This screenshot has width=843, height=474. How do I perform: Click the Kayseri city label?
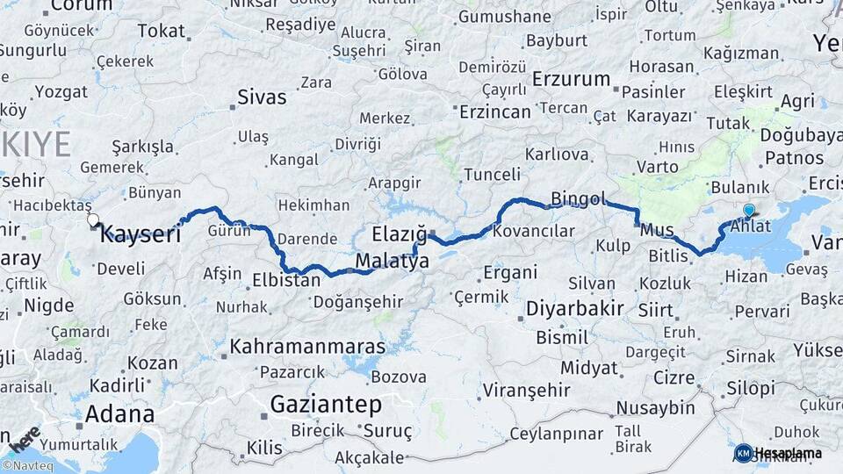140,234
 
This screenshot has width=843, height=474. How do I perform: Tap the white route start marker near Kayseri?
93,219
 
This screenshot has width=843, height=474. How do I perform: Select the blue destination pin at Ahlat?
748,211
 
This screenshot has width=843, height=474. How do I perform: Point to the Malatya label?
392,262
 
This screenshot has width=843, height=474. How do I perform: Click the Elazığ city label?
399,234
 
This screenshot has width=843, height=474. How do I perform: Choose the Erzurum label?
571,79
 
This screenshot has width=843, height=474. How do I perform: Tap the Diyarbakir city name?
575,308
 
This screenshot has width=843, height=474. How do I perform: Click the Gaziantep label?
326,405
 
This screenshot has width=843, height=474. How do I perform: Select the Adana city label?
120,413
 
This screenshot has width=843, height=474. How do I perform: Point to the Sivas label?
263,96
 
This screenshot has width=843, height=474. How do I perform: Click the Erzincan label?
497,111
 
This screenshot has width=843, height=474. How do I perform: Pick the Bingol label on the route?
579,199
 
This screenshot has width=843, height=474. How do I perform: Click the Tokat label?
162,31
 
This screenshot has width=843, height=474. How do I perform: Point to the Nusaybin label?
655,407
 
